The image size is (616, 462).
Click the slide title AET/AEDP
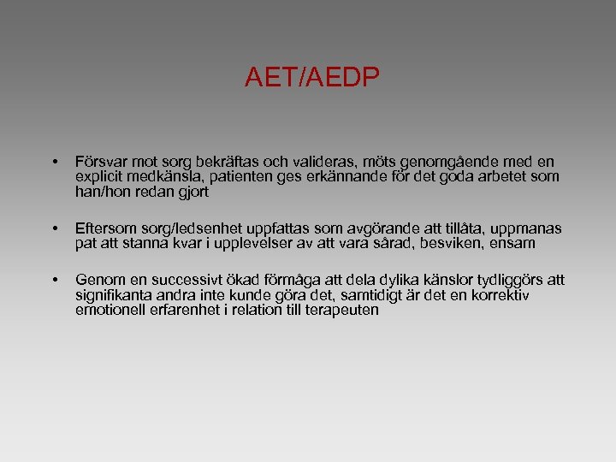311,79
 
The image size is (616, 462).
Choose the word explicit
100,177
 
